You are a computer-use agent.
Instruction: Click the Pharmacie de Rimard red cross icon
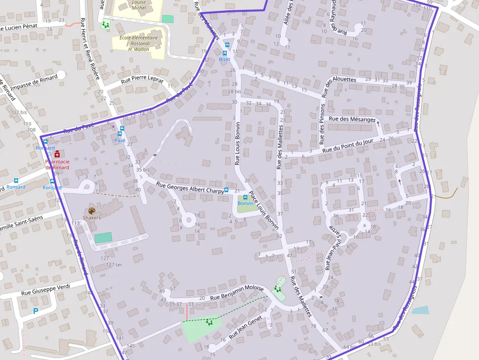tap(57, 153)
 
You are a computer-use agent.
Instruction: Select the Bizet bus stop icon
tap(227, 45)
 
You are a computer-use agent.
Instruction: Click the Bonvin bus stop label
tap(245, 203)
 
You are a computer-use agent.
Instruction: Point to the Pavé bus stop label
tap(120, 140)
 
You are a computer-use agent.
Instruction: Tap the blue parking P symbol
tap(35, 311)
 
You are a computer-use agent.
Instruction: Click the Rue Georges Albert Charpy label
tap(189, 188)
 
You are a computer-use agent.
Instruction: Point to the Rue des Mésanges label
tap(352, 119)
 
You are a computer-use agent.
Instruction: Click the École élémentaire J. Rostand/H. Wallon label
tap(138, 43)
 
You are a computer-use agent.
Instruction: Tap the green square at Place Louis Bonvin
tap(246, 208)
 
